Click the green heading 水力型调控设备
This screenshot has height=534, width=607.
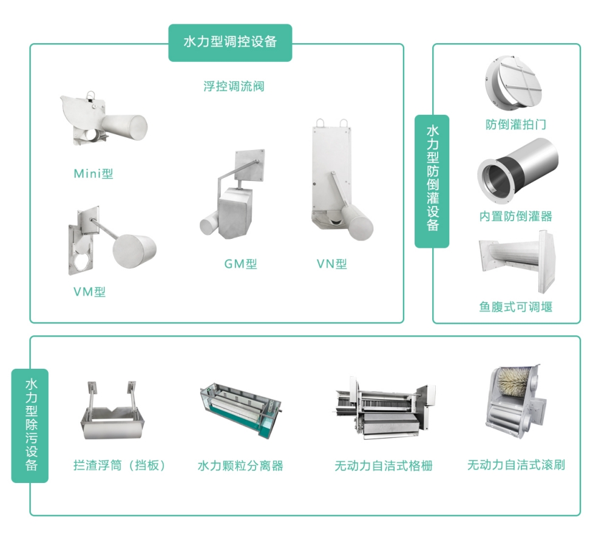coord(230,42)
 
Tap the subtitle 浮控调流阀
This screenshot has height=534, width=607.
coord(234,86)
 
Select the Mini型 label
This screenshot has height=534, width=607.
coord(93,174)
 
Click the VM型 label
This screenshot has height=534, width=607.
coord(89,292)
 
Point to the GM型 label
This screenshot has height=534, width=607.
coord(240,264)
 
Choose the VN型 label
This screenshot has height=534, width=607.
coord(331,264)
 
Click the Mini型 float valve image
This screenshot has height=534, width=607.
coord(103,120)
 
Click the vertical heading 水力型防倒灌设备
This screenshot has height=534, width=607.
coord(432,180)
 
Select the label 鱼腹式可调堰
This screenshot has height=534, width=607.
coord(515,307)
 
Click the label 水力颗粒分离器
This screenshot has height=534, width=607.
coord(240,466)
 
